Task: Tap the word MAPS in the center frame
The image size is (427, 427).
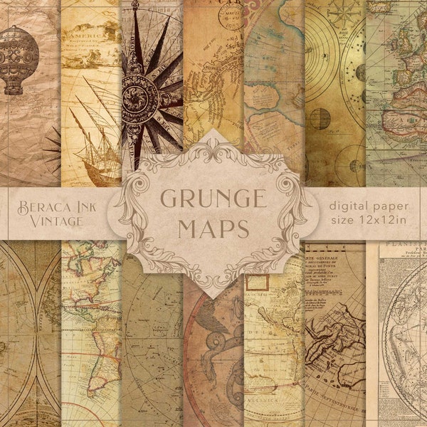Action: coord(213,229)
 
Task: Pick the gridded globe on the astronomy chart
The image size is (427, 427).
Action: coord(320,118)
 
